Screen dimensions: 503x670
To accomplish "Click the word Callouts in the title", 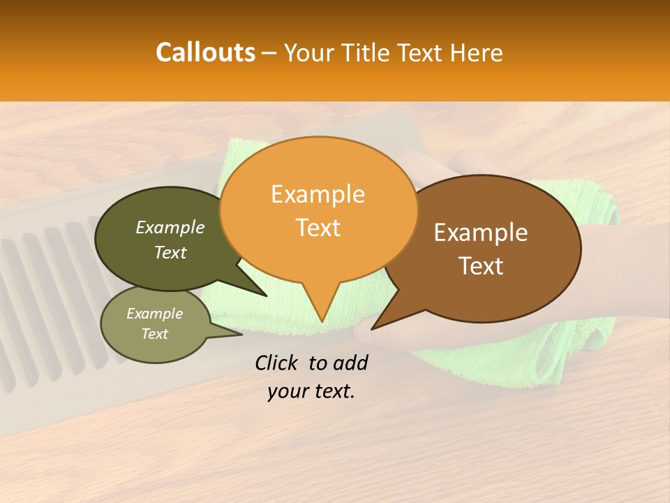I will coord(205,52).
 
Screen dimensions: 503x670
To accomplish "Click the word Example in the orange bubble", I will coord(318,194).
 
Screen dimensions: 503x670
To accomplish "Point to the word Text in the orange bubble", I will coord(318,228).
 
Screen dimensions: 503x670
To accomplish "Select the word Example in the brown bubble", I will coord(481,233).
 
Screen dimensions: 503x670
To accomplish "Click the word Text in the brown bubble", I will coord(481,266).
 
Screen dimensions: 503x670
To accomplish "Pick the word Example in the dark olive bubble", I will coord(170,227).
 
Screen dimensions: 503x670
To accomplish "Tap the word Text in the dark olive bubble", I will coord(170,252).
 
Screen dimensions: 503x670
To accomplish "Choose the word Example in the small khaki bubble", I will coord(155,313).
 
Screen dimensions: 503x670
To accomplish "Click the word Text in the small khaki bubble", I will coord(155,334).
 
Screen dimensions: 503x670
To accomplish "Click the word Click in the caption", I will coord(277,363).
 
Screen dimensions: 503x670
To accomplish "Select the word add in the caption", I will coord(351,363).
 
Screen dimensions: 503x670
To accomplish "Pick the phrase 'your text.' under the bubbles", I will coord(311,391).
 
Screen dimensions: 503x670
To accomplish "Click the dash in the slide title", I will coord(269,52).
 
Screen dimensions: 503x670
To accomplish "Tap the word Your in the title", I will coord(309,52).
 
